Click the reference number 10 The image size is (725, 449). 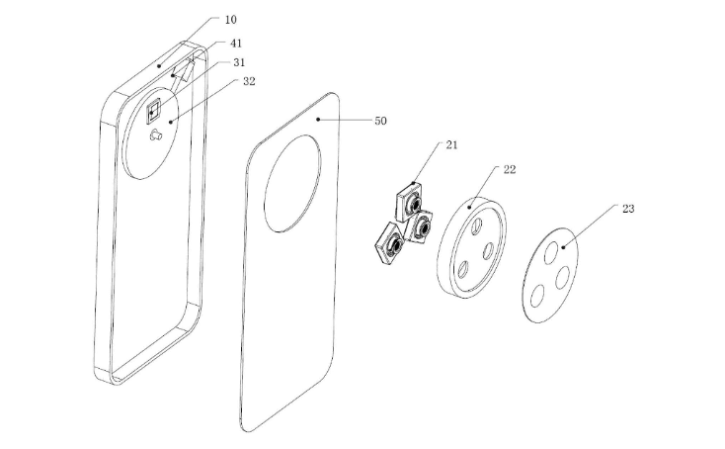231,20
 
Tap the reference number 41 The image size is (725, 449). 236,44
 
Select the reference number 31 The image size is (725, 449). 239,62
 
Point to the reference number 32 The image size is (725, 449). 249,81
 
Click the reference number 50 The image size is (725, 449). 380,121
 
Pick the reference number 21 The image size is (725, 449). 451,144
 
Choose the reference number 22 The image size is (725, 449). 510,169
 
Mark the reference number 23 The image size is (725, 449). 628,209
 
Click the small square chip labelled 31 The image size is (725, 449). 153,111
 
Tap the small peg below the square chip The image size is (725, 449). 155,135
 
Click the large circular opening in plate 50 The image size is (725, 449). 291,183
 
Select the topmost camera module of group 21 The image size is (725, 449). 410,201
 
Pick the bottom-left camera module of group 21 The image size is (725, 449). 389,244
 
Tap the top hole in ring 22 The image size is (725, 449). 476,225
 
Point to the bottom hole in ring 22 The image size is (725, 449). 463,270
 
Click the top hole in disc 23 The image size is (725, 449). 551,252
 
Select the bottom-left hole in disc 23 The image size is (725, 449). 536,296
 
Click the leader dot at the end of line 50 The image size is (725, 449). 318,120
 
